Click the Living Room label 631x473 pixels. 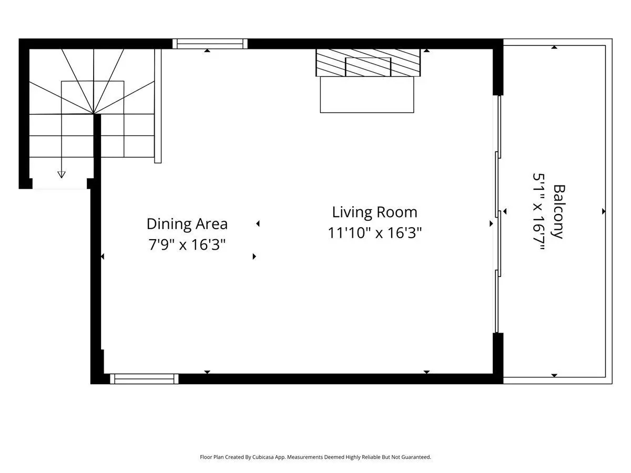pos(374,212)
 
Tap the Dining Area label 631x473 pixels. pos(187,224)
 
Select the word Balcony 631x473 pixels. pos(559,212)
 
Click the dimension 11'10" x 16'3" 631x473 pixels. pos(374,233)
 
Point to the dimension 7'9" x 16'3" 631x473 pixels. pos(187,245)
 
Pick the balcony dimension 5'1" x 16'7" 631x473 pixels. pos(539,212)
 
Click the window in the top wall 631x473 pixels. pos(210,44)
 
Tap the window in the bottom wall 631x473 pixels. pos(144,379)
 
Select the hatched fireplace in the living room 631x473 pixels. pos(368,63)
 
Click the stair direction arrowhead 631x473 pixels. pos(61,174)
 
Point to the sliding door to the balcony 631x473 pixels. pos(497,214)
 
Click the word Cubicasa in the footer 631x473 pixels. pos(263,457)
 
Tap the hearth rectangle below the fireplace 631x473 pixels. pos(367,95)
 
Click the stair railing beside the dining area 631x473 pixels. pos(158,106)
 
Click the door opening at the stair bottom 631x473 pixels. pos(59,184)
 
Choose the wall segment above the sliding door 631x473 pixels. pos(498,72)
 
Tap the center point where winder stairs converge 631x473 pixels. pos(94,114)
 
